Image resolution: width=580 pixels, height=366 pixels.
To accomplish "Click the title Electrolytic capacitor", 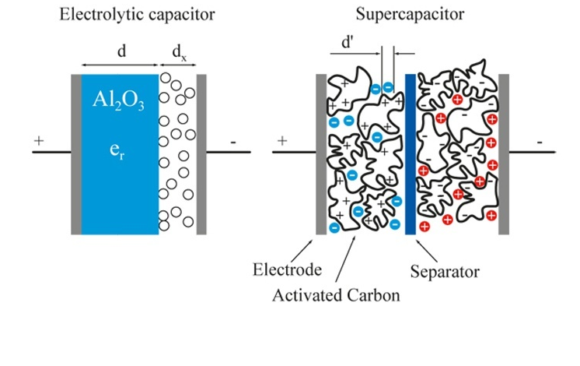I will point(138,14).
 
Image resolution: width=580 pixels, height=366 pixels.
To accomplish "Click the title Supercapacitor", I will point(411,14).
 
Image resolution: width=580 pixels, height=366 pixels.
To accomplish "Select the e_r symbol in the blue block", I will point(117,148).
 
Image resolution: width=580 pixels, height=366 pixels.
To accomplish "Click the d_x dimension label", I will point(179,51).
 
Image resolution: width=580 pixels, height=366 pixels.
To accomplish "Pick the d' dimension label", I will point(348,44).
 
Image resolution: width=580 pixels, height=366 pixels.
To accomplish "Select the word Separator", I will point(444,272).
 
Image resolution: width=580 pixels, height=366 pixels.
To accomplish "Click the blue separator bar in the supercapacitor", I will point(411,154).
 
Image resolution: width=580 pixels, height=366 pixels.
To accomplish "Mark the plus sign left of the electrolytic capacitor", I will point(39,141).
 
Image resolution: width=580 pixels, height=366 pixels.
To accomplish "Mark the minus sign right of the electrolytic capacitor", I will point(233,143).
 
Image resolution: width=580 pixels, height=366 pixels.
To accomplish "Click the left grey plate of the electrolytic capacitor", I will point(75,154).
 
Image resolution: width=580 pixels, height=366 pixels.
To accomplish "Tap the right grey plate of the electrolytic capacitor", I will point(201,154).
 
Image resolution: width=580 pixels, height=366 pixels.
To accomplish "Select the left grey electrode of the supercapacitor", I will point(320,154).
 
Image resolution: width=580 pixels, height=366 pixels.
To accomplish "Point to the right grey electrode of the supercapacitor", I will point(504,154).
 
